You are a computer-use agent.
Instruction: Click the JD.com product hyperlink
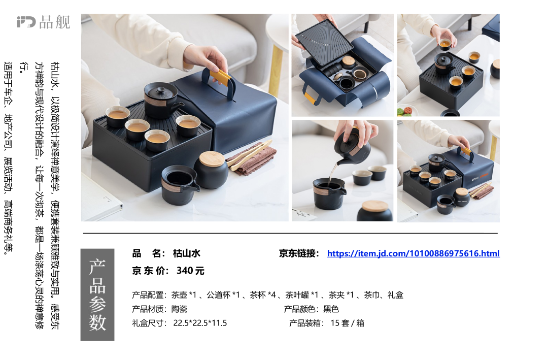413,253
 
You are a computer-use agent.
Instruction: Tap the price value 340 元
190,271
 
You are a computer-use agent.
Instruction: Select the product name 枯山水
187,253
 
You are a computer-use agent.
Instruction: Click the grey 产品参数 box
97,294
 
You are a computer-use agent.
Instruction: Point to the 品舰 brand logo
43,22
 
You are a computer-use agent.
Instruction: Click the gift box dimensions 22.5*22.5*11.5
200,323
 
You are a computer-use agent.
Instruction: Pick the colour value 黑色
331,309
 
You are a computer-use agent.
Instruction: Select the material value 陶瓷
179,309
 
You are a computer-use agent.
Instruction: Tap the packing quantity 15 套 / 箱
348,323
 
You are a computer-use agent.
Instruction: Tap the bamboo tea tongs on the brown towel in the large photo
250,155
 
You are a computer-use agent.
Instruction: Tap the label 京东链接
299,253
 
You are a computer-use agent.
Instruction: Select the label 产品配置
149,295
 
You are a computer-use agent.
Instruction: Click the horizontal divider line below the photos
290,233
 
